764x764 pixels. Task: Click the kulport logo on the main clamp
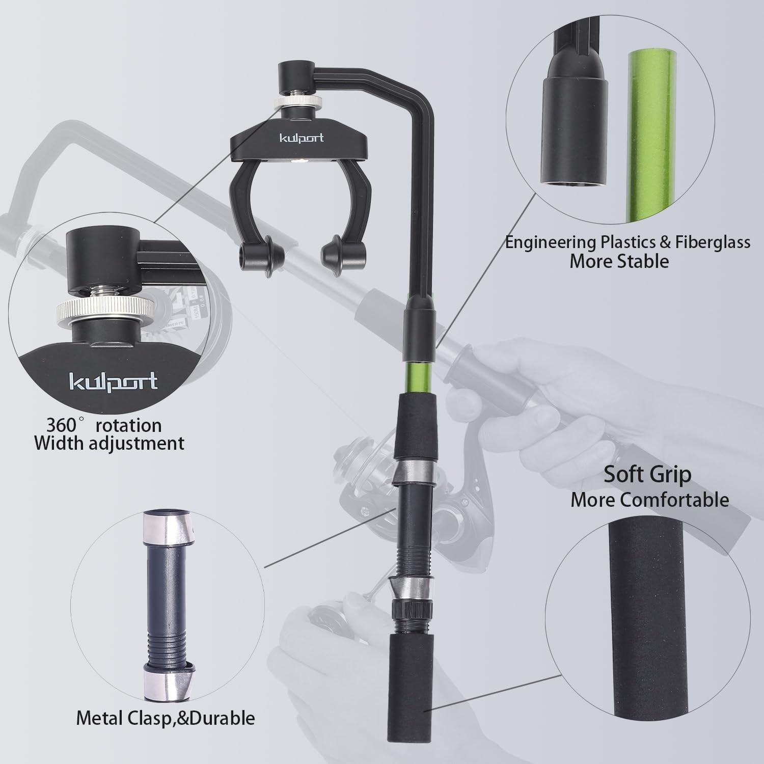click(x=302, y=138)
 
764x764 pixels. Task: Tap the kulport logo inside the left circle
click(x=113, y=381)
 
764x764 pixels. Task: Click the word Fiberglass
click(x=713, y=242)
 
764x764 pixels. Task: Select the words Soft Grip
click(x=647, y=474)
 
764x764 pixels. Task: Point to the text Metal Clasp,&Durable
click(x=166, y=718)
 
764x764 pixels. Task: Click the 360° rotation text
click(x=104, y=425)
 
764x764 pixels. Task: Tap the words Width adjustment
click(x=109, y=443)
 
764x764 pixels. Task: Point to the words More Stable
click(x=619, y=261)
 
